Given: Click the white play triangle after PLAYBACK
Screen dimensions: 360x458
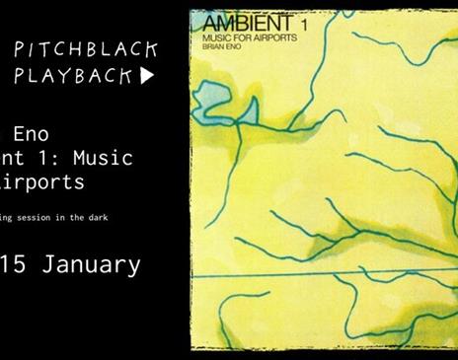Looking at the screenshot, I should point(147,77).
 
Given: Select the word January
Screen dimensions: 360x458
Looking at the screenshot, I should point(93,264).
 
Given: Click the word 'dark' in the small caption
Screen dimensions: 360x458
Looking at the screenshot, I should point(120,217).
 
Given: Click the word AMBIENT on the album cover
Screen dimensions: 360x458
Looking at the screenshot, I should point(238,22).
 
